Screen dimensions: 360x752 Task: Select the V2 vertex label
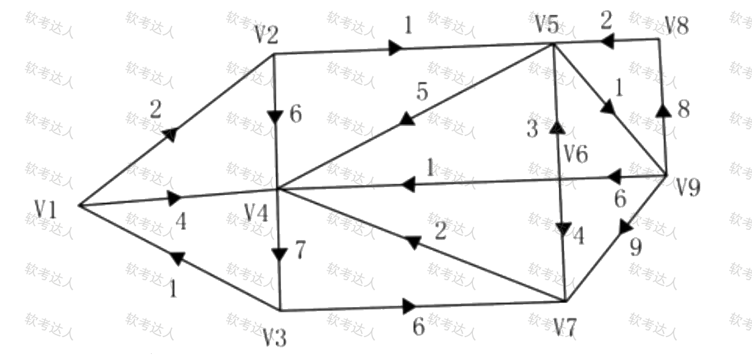[x=267, y=35]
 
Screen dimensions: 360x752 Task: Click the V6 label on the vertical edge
[x=576, y=154]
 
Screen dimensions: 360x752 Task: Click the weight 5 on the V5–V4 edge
[x=421, y=92]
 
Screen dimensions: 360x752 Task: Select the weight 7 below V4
[x=299, y=250]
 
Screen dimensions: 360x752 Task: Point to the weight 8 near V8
[x=683, y=110]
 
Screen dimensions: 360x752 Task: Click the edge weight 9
[x=635, y=248]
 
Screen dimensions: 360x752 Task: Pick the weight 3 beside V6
[x=532, y=129]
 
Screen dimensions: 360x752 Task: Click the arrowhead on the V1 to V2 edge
[x=172, y=135]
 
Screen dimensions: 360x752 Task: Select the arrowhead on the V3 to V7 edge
[x=409, y=307]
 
